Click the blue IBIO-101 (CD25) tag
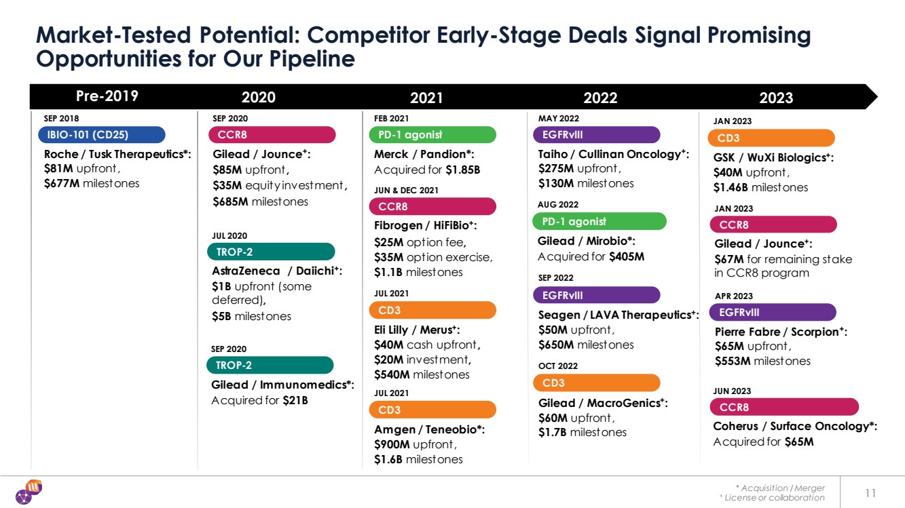(x=101, y=134)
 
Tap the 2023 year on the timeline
(x=776, y=98)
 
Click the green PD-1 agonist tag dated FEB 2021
(x=432, y=134)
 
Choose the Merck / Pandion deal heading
(x=424, y=154)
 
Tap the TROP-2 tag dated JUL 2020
(x=271, y=252)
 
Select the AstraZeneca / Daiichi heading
(x=277, y=271)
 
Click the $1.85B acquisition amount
(x=463, y=170)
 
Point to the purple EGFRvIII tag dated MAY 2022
(x=596, y=134)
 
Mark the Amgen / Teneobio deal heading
(x=429, y=429)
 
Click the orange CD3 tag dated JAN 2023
(x=770, y=138)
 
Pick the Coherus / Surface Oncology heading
(x=795, y=427)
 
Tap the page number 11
(x=872, y=492)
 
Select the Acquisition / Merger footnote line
(x=780, y=488)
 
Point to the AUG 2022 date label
(x=558, y=204)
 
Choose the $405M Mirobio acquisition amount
(x=626, y=256)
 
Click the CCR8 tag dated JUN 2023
(x=784, y=407)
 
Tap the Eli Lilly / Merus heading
(x=417, y=330)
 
